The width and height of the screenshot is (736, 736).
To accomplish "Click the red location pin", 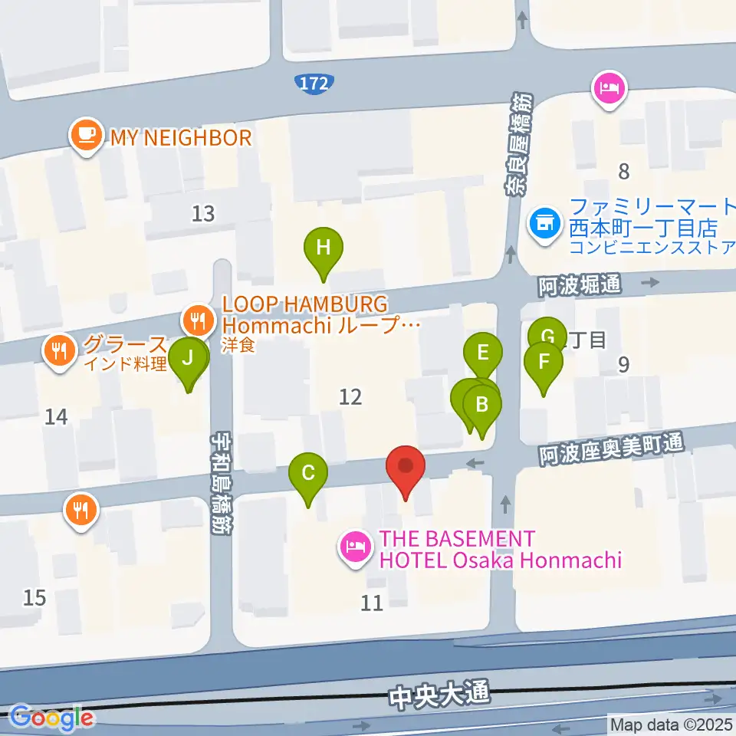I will coord(406,468).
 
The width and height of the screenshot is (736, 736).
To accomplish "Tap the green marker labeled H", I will coord(324,249).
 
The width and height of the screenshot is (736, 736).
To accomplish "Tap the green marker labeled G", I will coord(547,336).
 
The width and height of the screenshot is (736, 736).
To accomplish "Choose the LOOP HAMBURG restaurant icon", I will coord(199,318).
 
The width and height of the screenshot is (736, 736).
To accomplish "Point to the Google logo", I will coord(51,718).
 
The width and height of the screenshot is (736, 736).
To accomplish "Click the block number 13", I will coord(203,214).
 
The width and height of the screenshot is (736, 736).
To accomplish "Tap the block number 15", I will coord(34,597).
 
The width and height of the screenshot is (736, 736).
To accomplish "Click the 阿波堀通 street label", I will coord(579,285).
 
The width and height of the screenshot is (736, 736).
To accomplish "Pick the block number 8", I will coord(623,172).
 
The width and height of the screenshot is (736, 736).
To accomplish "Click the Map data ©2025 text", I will coord(670,724).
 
